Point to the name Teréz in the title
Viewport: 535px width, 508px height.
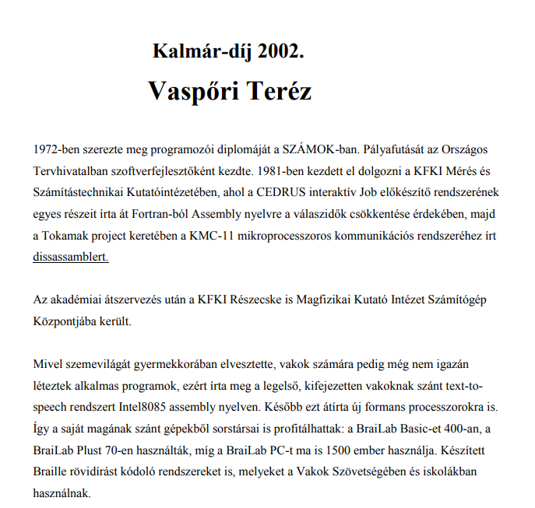[x=280, y=91]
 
